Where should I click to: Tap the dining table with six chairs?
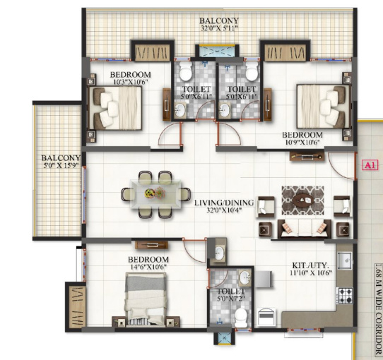point(154,193)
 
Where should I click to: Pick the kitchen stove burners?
point(344,295)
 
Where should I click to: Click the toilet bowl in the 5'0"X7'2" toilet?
point(241,318)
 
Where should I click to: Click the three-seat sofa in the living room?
point(303,228)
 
